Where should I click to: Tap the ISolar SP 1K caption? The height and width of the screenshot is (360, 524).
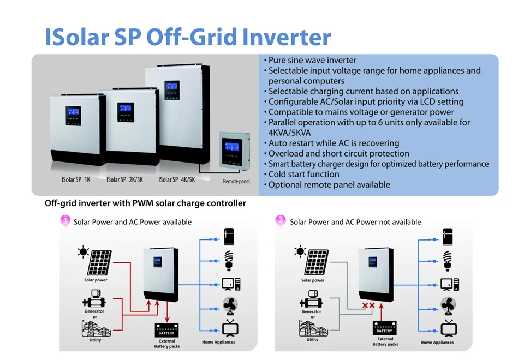pyautogui.click(x=75, y=179)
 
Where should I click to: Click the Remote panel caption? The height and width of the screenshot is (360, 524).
pyautogui.click(x=236, y=181)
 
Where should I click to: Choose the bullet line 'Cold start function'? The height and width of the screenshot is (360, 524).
pyautogui.click(x=303, y=175)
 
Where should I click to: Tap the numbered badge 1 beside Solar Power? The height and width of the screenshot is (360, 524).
pyautogui.click(x=65, y=221)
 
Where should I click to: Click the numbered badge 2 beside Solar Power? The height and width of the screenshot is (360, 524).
pyautogui.click(x=281, y=221)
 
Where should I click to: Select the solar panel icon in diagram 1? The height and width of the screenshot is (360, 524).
pyautogui.click(x=98, y=262)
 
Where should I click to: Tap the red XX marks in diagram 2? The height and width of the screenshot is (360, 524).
pyautogui.click(x=368, y=306)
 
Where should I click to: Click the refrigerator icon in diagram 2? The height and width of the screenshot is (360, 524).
pyautogui.click(x=449, y=237)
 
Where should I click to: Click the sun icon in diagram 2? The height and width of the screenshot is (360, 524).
pyautogui.click(x=300, y=251)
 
